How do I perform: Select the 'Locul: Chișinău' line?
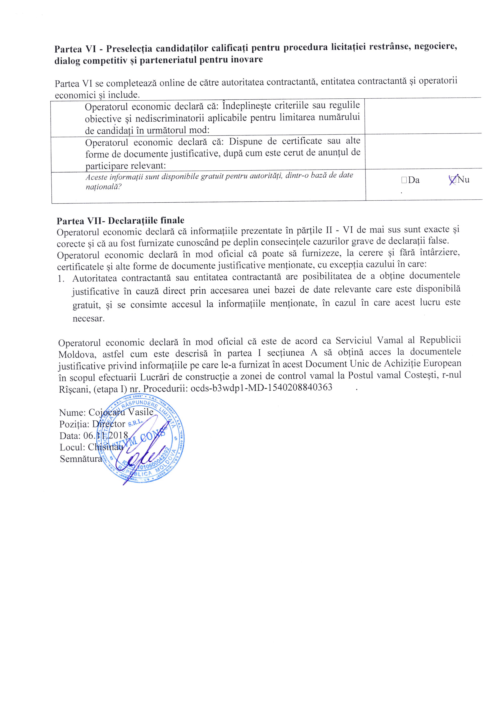91,447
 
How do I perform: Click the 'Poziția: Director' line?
92,424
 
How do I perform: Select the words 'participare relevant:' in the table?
125,166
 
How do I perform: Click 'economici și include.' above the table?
97,95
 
